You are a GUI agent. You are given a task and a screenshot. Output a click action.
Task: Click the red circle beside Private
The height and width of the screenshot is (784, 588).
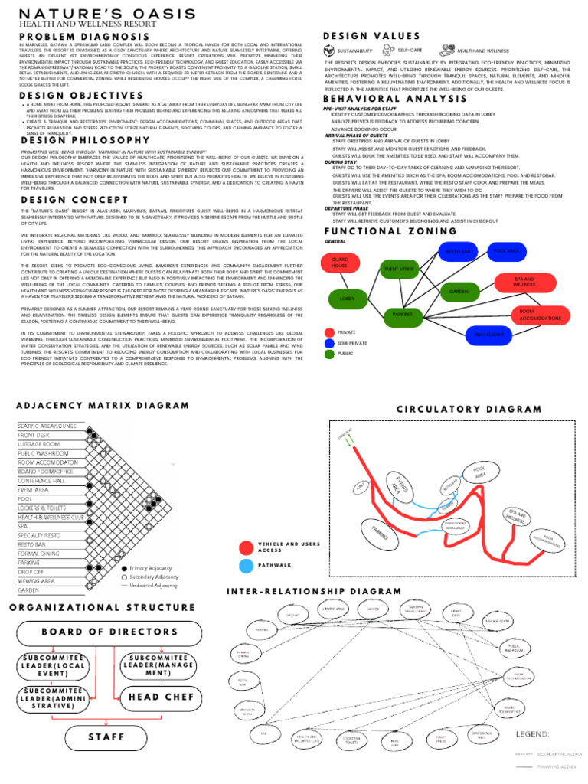(x=329, y=333)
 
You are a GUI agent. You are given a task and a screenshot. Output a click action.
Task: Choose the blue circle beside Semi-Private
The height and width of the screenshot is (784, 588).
(x=329, y=344)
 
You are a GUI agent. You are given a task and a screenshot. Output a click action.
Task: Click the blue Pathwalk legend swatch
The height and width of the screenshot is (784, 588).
(x=246, y=566)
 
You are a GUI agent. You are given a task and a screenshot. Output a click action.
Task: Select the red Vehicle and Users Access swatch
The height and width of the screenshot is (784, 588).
(x=246, y=547)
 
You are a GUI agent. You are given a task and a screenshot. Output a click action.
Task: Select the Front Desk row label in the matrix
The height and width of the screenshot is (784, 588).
(x=34, y=434)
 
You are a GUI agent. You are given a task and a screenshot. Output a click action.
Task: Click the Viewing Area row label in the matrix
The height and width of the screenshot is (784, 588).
(x=36, y=581)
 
